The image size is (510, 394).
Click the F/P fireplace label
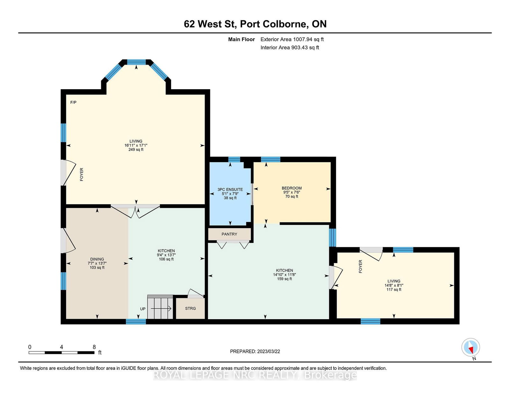73,102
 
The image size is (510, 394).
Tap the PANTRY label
229,234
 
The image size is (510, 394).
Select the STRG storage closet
190,308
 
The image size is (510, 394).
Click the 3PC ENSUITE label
230,190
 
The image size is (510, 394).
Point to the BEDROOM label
292,188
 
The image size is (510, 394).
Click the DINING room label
97,259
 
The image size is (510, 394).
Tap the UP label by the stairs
143,309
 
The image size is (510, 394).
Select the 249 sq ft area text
136,149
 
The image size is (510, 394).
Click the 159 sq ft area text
284,279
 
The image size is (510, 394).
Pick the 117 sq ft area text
394,290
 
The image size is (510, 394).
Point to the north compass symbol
470,347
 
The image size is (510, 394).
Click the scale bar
62,352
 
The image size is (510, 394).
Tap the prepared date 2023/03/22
255,351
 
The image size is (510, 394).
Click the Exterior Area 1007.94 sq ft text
292,39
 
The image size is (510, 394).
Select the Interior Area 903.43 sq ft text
290,47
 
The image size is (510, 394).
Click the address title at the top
255,24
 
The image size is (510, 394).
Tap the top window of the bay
136,62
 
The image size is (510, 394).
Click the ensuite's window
234,160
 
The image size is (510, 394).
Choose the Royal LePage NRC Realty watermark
255,375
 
